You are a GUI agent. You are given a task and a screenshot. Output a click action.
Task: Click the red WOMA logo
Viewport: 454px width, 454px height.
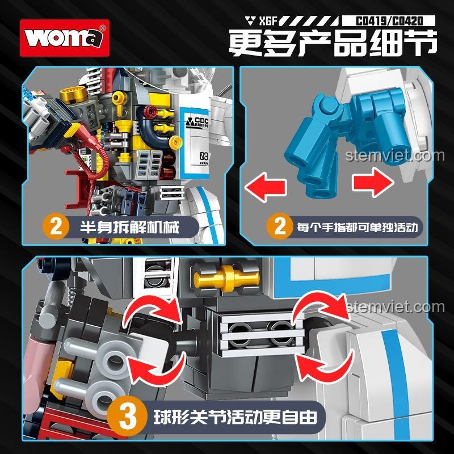pos(65,38)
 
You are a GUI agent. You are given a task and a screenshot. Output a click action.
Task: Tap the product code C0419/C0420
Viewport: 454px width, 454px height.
pos(389,21)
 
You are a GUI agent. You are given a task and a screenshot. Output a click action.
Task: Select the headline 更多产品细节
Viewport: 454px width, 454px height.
pos(333,43)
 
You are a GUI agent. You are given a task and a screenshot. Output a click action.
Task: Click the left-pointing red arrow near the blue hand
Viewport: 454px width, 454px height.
pos(266,187)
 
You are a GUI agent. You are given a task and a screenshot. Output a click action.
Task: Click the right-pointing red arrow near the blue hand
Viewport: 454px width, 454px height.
pos(373,182)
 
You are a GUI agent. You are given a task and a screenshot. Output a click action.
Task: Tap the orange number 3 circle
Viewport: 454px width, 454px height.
pos(128,417)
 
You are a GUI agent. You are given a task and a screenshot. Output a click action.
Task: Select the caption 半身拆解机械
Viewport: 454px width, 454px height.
pos(129,227)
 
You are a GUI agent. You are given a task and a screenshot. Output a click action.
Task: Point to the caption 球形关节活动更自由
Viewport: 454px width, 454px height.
pos(235,417)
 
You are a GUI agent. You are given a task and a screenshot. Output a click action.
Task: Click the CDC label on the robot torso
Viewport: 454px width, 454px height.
pos(197,122)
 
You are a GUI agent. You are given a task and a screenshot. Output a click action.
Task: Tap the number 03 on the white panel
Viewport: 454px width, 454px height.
pos(204,157)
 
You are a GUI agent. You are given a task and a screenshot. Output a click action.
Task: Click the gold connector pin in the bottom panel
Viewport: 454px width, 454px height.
pos(226,278)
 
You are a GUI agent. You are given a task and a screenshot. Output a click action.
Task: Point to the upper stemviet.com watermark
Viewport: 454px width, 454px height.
pos(395,155)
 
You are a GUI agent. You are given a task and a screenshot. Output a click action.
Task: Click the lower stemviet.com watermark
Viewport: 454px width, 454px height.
pos(396,307)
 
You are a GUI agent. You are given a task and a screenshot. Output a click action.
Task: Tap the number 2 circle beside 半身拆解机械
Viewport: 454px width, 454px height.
pos(56,226)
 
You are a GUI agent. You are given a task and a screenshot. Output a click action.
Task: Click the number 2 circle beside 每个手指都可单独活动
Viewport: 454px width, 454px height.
pos(280,226)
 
